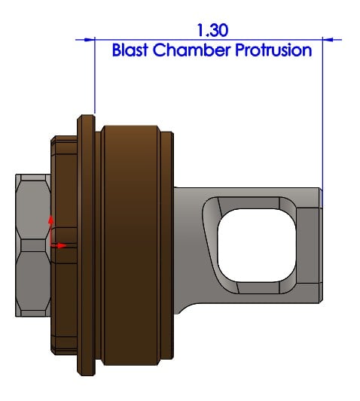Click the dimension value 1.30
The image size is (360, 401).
[x=212, y=30]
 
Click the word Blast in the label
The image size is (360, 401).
[x=130, y=50]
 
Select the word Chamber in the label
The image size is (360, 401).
[x=191, y=50]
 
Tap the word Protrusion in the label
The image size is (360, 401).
[x=273, y=50]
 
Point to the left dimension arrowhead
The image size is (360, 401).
[x=90, y=40]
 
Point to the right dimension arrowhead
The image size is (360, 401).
[x=328, y=40]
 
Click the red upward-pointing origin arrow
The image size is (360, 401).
[x=51, y=230]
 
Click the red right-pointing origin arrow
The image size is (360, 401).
[x=59, y=246]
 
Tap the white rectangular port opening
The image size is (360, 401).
[x=257, y=245]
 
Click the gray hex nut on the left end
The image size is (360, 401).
[x=33, y=245]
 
